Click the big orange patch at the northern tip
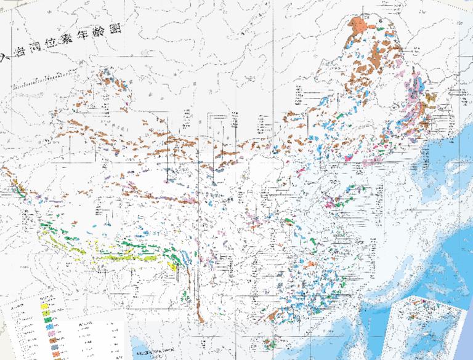pos(359,25)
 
